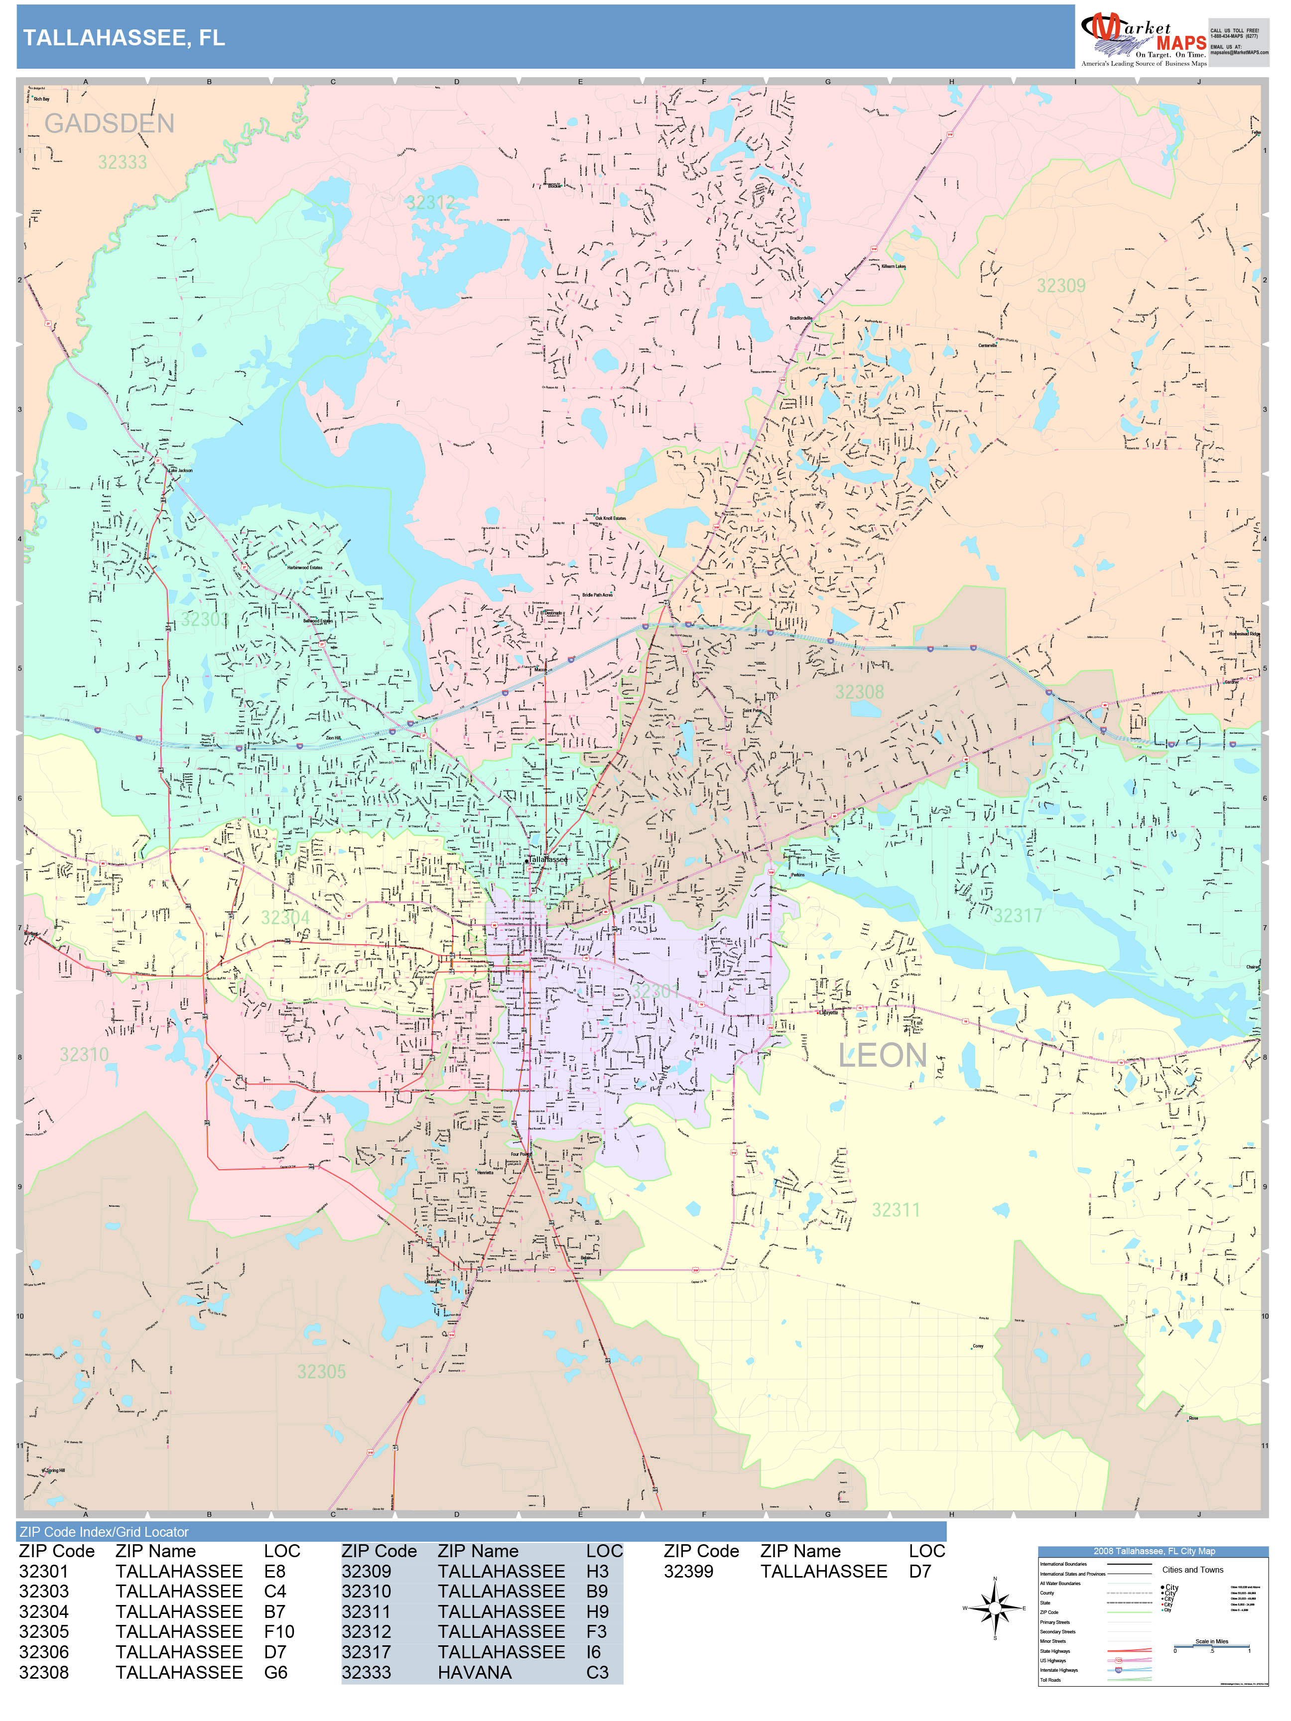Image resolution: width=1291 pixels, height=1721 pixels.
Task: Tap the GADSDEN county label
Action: point(109,123)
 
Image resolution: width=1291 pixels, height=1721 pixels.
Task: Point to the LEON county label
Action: point(883,1056)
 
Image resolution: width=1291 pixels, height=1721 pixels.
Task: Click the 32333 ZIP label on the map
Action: point(122,162)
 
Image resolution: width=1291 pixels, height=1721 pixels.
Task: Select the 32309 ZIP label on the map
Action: point(1061,285)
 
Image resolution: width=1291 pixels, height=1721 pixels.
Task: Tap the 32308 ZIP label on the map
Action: point(859,692)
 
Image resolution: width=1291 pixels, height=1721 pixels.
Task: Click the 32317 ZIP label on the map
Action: point(1017,916)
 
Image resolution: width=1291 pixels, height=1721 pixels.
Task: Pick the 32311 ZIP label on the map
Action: point(896,1210)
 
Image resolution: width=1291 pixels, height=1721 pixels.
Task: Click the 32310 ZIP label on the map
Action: point(84,1054)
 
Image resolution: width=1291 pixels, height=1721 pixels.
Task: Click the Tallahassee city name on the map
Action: point(548,860)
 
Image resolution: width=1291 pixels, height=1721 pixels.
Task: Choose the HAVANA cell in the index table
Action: point(475,1672)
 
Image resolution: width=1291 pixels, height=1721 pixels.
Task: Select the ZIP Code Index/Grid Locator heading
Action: point(104,1532)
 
